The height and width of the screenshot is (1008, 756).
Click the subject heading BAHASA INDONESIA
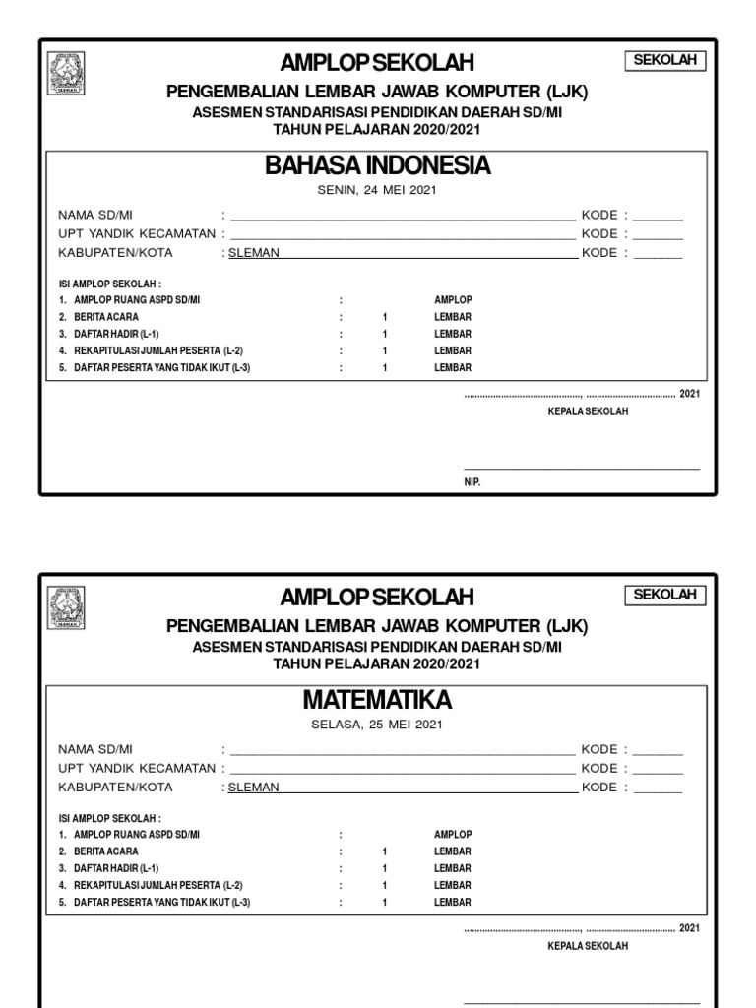(377, 165)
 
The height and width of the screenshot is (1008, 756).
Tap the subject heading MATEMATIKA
(377, 700)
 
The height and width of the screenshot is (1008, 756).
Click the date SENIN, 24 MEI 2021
(377, 190)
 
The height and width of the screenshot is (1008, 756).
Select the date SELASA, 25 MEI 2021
(377, 724)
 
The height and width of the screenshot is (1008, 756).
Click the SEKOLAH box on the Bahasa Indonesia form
(665, 61)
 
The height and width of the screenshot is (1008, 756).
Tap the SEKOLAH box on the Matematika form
(665, 595)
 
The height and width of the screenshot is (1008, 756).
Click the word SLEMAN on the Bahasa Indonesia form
(254, 253)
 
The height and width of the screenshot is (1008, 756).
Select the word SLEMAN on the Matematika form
(254, 787)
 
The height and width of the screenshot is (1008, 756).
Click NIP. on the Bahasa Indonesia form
(472, 482)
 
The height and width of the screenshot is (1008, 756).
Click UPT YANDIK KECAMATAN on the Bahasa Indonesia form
(136, 234)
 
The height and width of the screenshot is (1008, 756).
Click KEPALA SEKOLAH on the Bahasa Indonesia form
(588, 411)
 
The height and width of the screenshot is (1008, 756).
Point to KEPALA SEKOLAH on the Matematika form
(588, 946)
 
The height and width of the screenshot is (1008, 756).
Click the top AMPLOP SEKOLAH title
(377, 63)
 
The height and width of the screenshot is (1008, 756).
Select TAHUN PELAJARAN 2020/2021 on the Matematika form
(377, 664)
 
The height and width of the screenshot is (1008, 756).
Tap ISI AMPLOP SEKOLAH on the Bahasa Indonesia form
(109, 283)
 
